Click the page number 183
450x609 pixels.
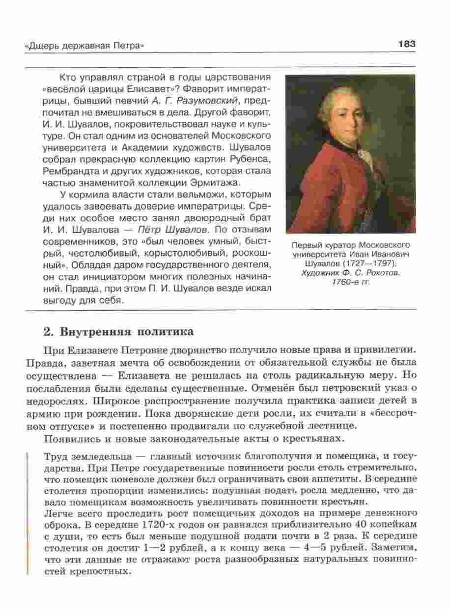(407, 44)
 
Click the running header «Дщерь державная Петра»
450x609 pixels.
(84, 46)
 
